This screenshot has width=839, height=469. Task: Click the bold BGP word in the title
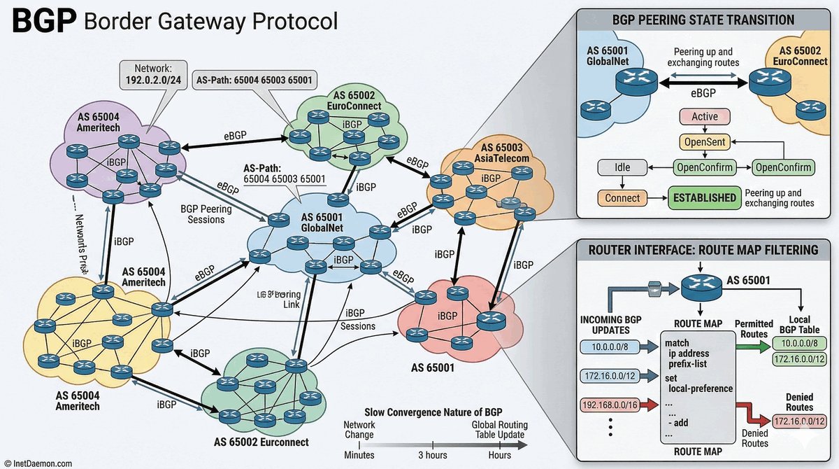click(43, 22)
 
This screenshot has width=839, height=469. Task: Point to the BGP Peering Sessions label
click(202, 214)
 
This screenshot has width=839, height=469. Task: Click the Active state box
click(704, 117)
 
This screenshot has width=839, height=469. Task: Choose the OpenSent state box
click(704, 142)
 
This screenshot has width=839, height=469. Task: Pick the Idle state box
click(618, 168)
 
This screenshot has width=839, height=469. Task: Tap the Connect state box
click(622, 198)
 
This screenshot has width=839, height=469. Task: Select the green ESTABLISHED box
click(703, 198)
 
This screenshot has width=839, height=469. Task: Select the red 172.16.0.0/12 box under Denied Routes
click(799, 422)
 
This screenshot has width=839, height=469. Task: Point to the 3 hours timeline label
click(433, 456)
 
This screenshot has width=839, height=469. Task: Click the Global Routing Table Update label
click(499, 430)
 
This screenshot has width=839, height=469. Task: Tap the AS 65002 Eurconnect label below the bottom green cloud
click(261, 442)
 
